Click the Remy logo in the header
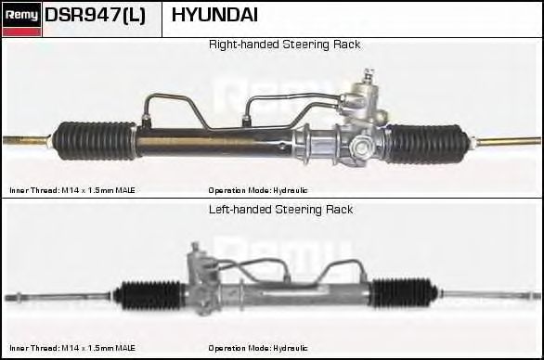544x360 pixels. [x=21, y=19]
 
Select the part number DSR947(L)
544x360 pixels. [x=95, y=15]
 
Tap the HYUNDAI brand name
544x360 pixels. [x=214, y=15]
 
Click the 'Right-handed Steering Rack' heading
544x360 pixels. [x=284, y=45]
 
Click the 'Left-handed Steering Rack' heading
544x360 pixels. [x=280, y=210]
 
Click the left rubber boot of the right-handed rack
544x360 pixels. [x=95, y=140]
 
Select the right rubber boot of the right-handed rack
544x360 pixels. [x=426, y=143]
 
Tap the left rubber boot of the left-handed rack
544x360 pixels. [x=149, y=295]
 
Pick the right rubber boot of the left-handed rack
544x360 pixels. [x=403, y=292]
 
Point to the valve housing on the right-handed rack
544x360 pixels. [x=361, y=118]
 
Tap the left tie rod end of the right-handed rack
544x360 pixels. [x=27, y=140]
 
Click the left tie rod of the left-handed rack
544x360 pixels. [x=59, y=297]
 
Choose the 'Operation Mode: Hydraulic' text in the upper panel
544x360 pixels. [x=258, y=190]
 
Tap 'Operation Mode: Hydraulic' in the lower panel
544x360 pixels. [x=258, y=348]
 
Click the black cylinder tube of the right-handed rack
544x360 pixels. [x=215, y=142]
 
